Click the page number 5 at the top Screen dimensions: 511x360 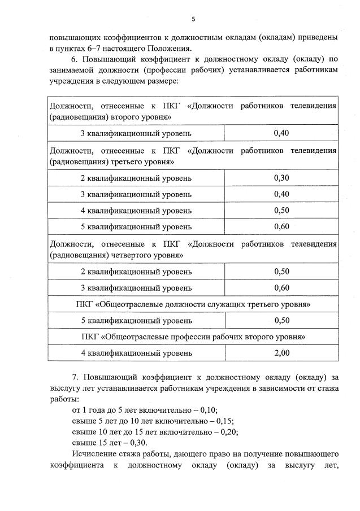pyautogui.click(x=193, y=19)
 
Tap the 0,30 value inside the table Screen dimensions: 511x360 pyautogui.click(x=281, y=178)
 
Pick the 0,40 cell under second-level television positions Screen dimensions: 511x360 pyautogui.click(x=281, y=133)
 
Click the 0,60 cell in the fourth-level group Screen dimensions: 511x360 pyautogui.click(x=281, y=287)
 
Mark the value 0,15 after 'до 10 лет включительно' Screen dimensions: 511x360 pyautogui.click(x=224, y=421)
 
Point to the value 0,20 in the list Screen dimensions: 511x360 pyautogui.click(x=229, y=432)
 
